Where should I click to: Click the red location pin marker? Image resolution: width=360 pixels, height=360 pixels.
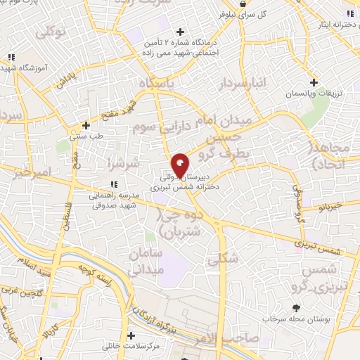180,165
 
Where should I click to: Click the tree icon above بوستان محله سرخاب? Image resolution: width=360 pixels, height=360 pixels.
295,307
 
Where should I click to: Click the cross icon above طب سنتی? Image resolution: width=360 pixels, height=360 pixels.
86,125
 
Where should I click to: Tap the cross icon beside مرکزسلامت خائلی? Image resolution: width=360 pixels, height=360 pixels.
130,335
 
